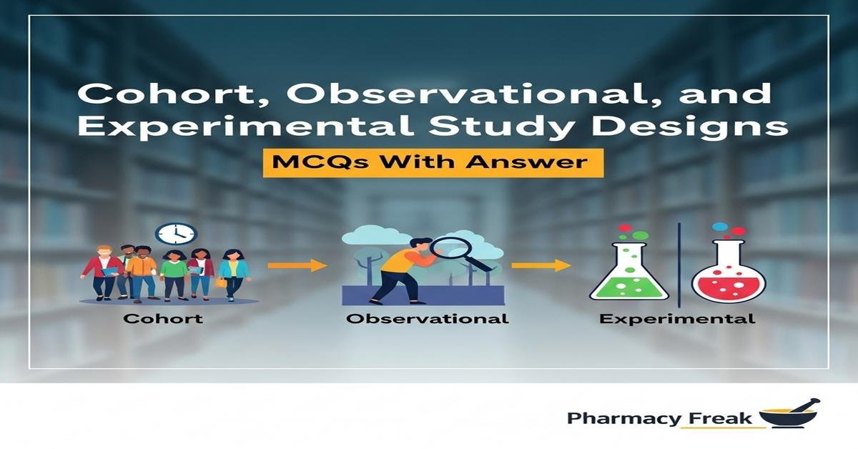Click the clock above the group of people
click(x=176, y=233)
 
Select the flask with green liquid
click(x=628, y=272)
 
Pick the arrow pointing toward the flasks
click(x=541, y=265)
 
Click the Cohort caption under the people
click(x=163, y=318)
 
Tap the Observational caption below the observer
click(x=427, y=318)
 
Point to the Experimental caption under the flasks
click(x=676, y=318)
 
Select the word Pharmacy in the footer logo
click(x=620, y=418)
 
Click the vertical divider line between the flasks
click(x=679, y=261)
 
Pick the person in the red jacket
click(x=104, y=272)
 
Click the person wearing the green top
click(x=173, y=275)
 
